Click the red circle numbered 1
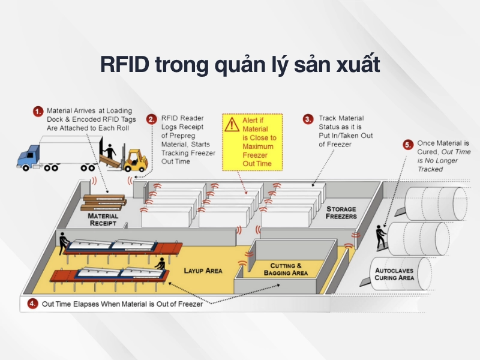coord(38,112)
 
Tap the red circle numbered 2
coord(152,119)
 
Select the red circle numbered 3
coord(308,119)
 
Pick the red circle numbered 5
coord(409,145)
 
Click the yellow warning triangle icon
coord(231,124)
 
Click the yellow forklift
coord(133,160)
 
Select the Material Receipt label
coord(103,220)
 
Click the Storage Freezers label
coord(341,213)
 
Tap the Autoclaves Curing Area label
coord(394,274)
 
